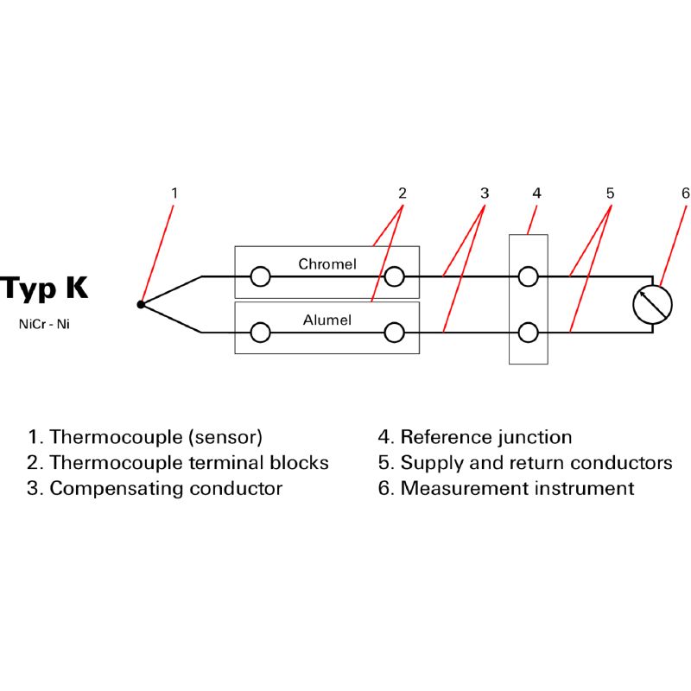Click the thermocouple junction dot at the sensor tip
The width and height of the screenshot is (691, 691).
(x=141, y=304)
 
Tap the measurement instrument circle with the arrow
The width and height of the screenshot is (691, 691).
(x=652, y=303)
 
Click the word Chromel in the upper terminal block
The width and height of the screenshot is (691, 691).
(x=326, y=263)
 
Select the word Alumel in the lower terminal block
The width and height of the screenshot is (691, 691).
(x=326, y=320)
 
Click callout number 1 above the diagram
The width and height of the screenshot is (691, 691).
(x=174, y=193)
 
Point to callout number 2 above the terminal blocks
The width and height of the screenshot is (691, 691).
(x=402, y=193)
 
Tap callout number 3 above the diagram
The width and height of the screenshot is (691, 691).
(x=485, y=193)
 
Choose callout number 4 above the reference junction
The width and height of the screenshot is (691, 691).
(x=536, y=193)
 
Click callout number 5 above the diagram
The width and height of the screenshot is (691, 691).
(x=610, y=193)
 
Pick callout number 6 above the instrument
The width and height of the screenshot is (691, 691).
(x=685, y=193)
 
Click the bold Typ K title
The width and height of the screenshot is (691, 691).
(x=44, y=288)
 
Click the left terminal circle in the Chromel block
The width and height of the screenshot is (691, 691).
(x=260, y=276)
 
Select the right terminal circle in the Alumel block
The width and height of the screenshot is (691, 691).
(x=395, y=332)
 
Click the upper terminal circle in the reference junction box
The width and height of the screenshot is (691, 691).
(x=528, y=276)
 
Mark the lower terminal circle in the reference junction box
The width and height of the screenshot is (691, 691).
(x=528, y=332)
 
